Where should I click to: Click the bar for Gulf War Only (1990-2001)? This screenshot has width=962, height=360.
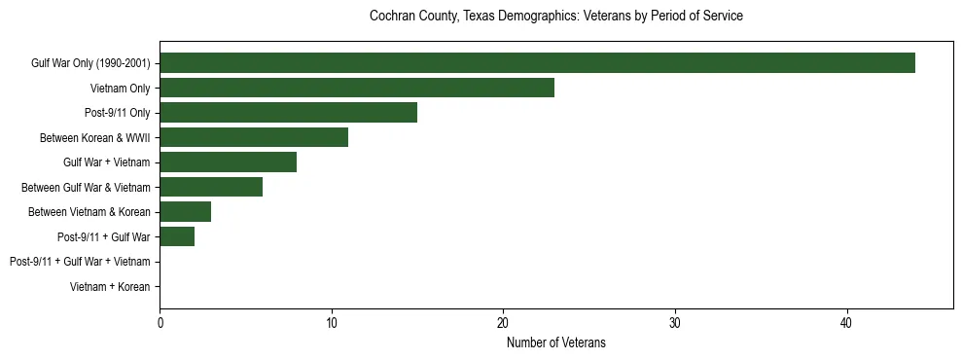(x=537, y=63)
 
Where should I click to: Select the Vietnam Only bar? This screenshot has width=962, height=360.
(x=357, y=88)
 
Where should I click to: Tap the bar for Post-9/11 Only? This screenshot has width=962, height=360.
(x=288, y=113)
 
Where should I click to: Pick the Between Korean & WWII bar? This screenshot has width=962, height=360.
(x=254, y=137)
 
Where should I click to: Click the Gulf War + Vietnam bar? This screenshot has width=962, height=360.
(x=228, y=162)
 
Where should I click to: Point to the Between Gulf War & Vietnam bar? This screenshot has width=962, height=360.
(x=211, y=187)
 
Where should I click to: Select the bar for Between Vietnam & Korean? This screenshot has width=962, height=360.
(x=185, y=212)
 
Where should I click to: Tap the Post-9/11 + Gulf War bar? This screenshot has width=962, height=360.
(x=177, y=236)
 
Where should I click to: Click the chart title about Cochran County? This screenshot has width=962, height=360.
(x=555, y=17)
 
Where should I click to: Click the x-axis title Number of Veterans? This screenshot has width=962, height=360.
(x=555, y=342)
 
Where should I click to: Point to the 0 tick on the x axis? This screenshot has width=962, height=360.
(x=160, y=323)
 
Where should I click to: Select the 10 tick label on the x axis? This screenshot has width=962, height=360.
(x=332, y=323)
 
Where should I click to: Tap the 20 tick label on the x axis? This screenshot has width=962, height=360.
(x=503, y=323)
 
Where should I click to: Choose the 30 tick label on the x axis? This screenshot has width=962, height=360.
(x=675, y=323)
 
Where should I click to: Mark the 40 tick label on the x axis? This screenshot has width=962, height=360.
(x=846, y=323)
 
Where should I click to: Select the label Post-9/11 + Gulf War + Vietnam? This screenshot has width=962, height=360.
(x=80, y=262)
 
